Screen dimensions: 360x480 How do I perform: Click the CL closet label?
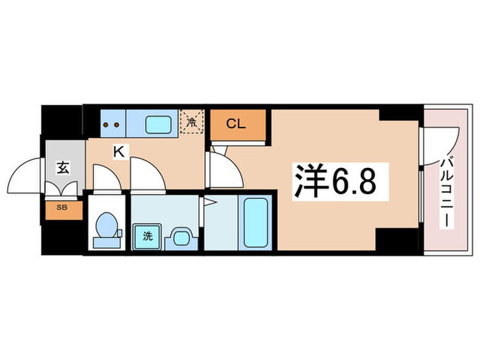tap(236, 124)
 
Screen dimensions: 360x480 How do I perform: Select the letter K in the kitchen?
tap(118, 153)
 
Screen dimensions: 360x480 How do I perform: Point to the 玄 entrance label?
tap(62, 167)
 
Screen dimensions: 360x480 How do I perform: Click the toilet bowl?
tap(106, 226)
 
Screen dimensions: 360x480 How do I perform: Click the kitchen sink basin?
tap(159, 125)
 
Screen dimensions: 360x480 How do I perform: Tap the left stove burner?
tap(107, 125)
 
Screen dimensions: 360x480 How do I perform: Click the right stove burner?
tap(117, 125)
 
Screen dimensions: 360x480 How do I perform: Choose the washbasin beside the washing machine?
tap(180, 237)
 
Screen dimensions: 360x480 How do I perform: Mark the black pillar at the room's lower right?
tap(397, 241)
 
